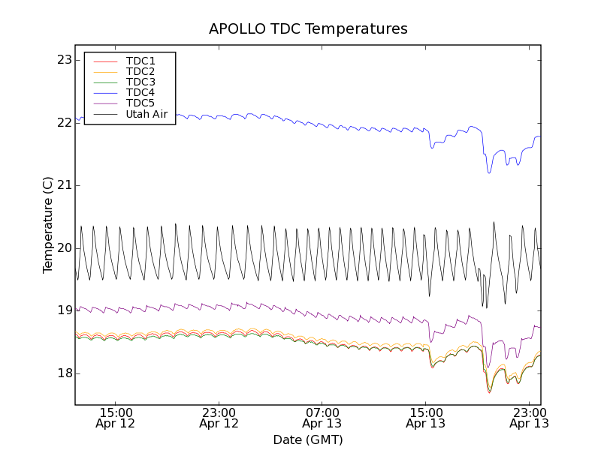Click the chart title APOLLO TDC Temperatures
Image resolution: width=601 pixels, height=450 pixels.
tap(308, 29)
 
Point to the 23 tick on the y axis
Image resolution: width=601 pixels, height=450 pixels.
tap(64, 60)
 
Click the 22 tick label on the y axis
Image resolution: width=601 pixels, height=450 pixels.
tap(64, 122)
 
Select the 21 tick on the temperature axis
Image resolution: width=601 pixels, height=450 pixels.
tap(64, 185)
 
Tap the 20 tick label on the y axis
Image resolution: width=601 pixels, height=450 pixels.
tap(64, 248)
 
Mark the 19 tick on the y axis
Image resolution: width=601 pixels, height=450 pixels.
tap(64, 310)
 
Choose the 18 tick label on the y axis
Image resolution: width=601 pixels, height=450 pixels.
tap(64, 373)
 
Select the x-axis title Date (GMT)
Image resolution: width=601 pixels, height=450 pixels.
tap(308, 439)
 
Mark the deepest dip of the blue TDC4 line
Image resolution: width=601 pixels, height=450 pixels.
tap(489, 173)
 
